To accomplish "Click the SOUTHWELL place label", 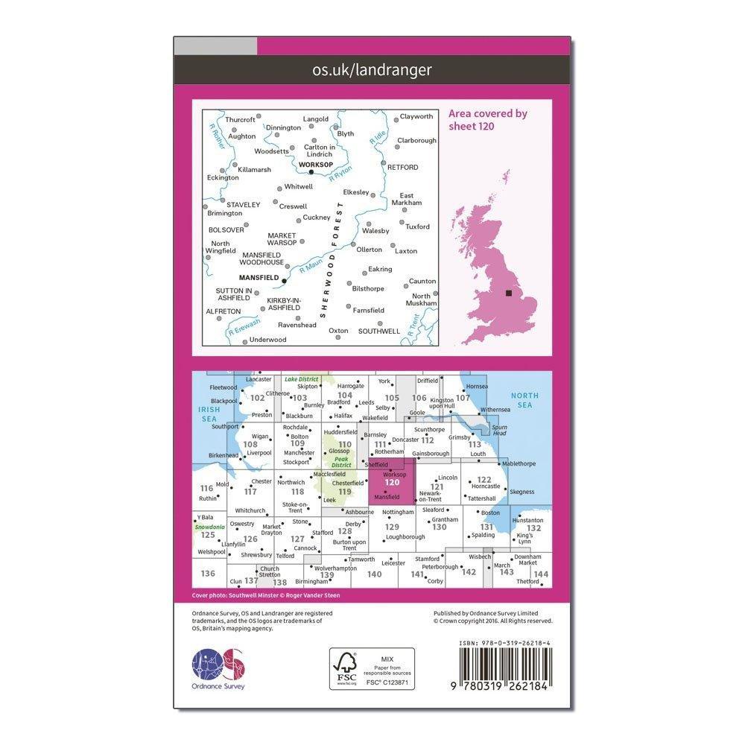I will [x=379, y=332].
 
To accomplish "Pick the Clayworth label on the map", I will [x=416, y=117].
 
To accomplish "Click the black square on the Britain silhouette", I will [x=509, y=293].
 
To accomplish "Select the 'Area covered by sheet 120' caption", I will [x=487, y=119].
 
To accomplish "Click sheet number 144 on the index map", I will [x=541, y=574].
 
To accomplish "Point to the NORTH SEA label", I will [x=527, y=400].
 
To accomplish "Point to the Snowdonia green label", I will [x=208, y=527].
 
